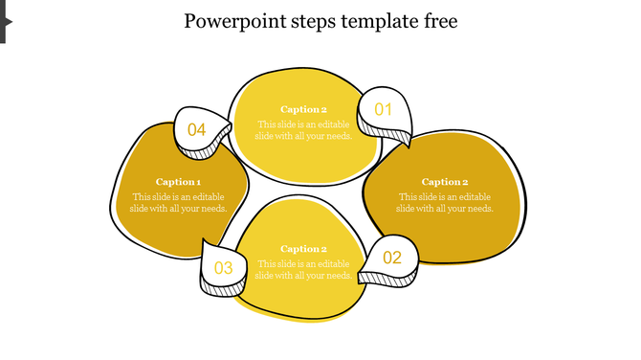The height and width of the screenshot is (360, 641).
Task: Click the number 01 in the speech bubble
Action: (383, 109)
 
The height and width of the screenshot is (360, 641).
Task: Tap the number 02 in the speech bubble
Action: (392, 258)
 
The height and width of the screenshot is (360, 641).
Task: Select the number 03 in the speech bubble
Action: (223, 268)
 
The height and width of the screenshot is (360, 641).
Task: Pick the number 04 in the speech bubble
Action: (196, 129)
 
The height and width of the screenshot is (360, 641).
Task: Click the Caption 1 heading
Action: (178, 182)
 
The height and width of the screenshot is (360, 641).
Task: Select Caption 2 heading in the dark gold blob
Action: (445, 182)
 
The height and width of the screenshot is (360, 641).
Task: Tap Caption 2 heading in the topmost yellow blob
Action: (303, 109)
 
